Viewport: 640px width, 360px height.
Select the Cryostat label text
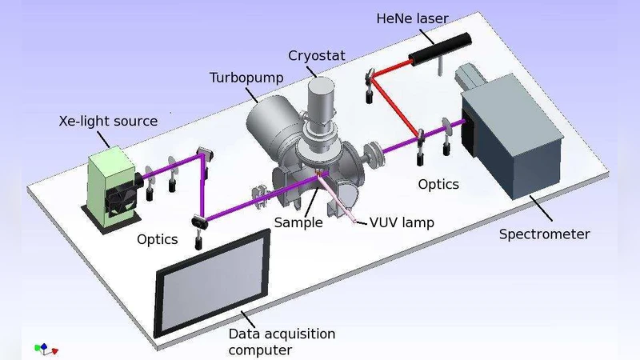pyautogui.click(x=316, y=56)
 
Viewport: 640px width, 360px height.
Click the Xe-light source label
pyautogui.click(x=109, y=122)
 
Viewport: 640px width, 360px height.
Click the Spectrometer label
pyautogui.click(x=544, y=234)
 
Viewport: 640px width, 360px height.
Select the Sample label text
pyautogui.click(x=298, y=222)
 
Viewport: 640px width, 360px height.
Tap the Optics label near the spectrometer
pyautogui.click(x=438, y=184)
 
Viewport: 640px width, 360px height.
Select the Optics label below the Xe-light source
pyautogui.click(x=157, y=239)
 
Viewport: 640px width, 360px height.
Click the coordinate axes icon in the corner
pyautogui.click(x=45, y=348)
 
